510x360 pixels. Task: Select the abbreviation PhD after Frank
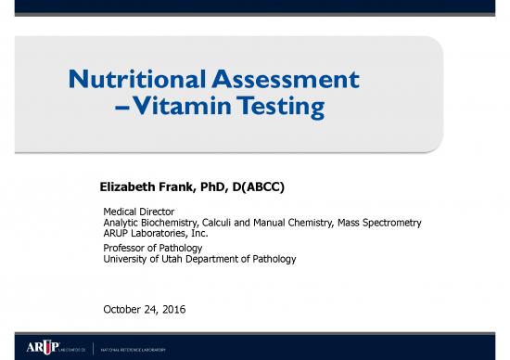click(205, 188)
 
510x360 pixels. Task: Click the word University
click(127, 259)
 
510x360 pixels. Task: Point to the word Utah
click(175, 259)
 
